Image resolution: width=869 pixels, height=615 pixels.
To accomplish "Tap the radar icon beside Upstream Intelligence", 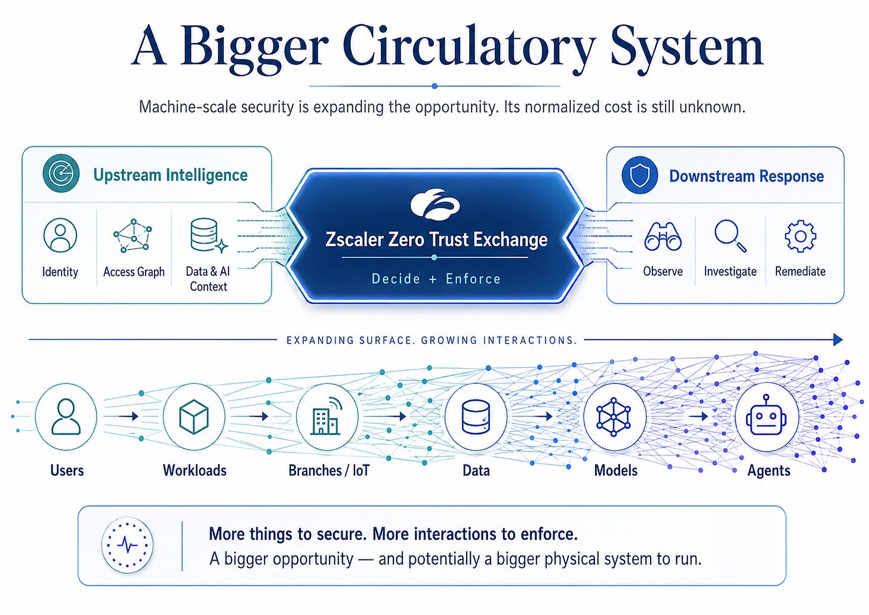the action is (61, 173).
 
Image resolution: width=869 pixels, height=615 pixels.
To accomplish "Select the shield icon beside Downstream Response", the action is (640, 175).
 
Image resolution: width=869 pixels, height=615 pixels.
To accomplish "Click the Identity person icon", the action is (60, 235).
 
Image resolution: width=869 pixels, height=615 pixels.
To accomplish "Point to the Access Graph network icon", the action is (132, 235).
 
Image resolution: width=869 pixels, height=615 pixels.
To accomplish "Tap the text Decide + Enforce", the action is (436, 279).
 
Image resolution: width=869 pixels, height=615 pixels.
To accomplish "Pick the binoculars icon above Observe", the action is (662, 236).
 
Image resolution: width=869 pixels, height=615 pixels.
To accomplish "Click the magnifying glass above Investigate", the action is (730, 236).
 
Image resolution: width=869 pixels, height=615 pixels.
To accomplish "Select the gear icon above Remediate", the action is (800, 236).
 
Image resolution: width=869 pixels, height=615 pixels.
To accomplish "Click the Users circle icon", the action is (66, 417).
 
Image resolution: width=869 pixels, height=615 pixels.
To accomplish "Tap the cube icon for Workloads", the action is (194, 417).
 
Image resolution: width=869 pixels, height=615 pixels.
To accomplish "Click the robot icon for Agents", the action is (766, 416).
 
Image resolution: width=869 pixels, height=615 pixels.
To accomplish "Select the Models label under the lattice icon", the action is (616, 471).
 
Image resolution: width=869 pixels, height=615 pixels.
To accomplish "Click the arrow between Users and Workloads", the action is (128, 417).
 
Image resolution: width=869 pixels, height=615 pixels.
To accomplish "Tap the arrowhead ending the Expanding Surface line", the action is (837, 340).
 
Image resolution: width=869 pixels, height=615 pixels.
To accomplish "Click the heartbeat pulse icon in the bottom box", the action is (127, 545).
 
